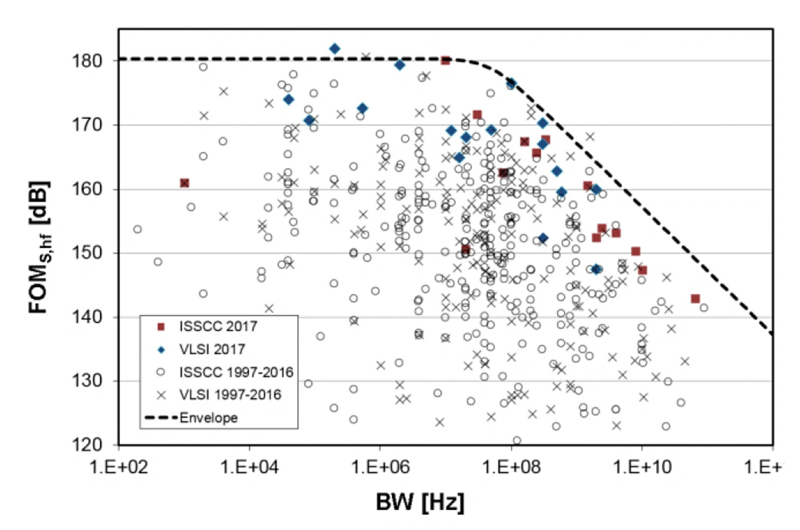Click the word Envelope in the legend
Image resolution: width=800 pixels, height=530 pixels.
click(x=208, y=418)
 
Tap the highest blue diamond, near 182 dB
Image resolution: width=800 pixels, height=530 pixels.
click(x=335, y=49)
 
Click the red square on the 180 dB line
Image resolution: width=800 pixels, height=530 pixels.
click(x=446, y=60)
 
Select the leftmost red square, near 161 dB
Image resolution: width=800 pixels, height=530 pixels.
click(x=184, y=183)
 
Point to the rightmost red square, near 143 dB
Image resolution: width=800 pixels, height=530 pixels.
click(x=695, y=299)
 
